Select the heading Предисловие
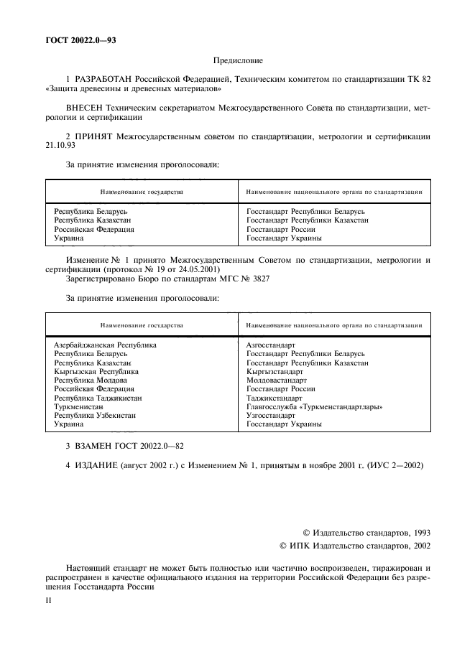[x=238, y=62]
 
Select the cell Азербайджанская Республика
[x=105, y=345]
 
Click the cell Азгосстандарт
[x=270, y=345]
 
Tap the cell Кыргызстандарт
[x=275, y=372]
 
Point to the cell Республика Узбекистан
[x=95, y=416]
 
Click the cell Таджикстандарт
[x=275, y=398]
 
